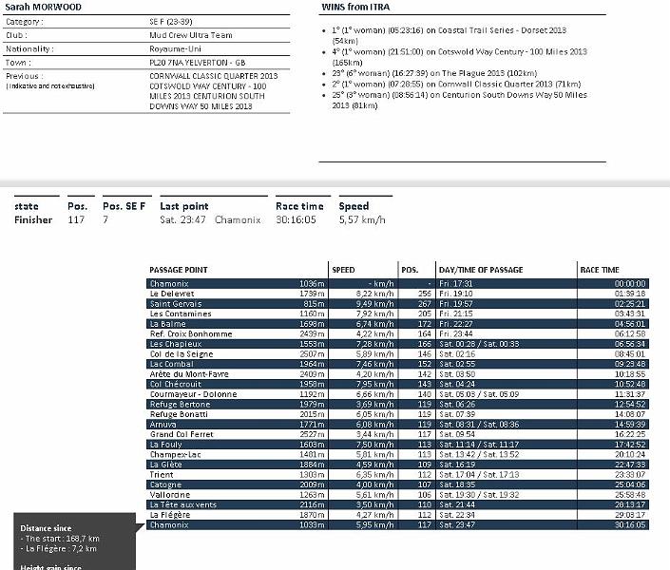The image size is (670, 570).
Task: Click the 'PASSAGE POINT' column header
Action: point(179,270)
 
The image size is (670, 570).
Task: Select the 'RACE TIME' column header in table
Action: point(601,270)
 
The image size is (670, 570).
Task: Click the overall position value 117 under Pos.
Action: point(76,219)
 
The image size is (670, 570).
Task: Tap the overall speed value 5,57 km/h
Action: point(362,219)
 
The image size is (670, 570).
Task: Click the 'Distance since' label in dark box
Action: point(47,527)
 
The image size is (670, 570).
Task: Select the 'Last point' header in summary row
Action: point(184,206)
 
